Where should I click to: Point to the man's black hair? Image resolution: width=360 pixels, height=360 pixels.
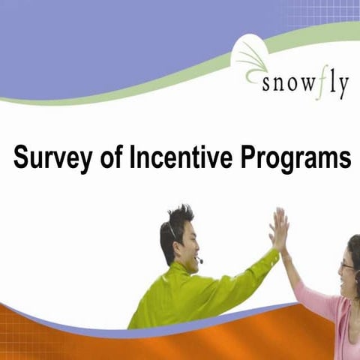pos(174,225)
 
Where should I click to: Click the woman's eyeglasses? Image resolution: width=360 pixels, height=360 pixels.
pos(347,265)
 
